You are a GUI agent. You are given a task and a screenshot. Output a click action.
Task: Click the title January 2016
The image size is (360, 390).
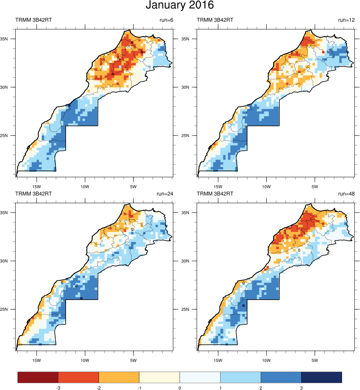[x=180, y=6]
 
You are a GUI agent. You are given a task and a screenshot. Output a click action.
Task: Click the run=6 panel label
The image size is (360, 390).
[x=165, y=20]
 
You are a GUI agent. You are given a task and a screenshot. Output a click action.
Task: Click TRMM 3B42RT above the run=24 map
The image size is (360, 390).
[x=34, y=194]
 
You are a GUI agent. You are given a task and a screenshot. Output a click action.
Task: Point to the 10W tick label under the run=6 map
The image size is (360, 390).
[x=85, y=186]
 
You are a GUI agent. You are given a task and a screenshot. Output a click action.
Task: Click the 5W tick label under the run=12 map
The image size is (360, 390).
[x=315, y=186]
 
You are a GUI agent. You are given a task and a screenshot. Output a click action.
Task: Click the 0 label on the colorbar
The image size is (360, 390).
[x=180, y=388]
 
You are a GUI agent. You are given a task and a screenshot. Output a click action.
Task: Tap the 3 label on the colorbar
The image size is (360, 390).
[x=301, y=388]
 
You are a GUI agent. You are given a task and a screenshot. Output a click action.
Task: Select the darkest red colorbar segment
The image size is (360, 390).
[x=38, y=377]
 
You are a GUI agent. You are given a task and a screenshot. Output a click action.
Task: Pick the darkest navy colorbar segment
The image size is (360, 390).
[x=321, y=377]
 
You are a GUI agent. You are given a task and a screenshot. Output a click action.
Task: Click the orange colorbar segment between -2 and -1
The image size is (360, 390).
[x=119, y=377]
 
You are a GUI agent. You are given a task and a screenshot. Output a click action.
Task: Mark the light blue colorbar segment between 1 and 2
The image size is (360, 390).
[x=240, y=377]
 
